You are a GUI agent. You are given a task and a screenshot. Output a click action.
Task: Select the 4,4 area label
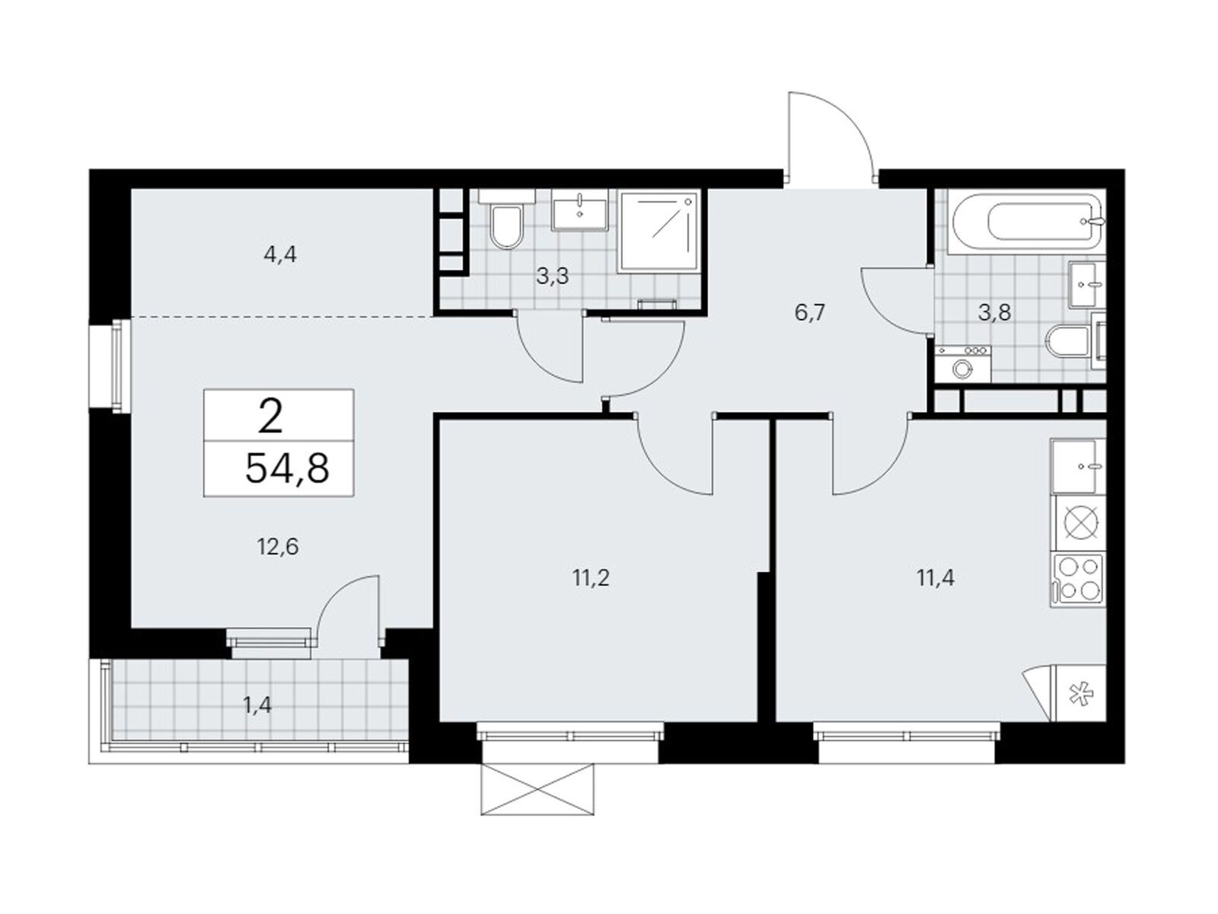[x=280, y=255]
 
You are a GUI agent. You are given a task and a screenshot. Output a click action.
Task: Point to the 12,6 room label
[x=277, y=547]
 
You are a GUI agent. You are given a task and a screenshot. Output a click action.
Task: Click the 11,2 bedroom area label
[x=591, y=578]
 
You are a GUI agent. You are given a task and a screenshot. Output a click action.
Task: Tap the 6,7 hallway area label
[x=811, y=314]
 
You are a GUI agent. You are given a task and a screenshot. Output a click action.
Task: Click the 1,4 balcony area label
[x=257, y=706]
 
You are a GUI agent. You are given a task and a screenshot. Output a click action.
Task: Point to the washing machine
[x=962, y=364]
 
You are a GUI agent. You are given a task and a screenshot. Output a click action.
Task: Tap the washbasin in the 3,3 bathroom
[x=580, y=209]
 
